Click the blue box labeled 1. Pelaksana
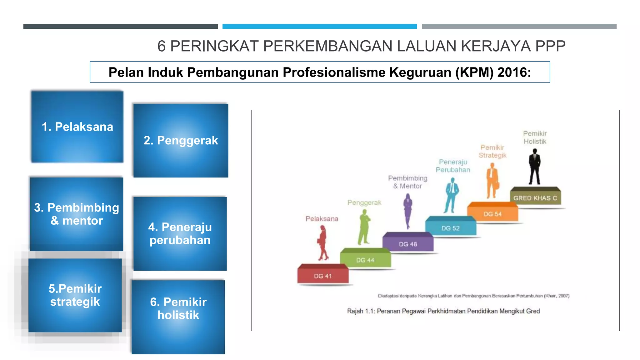click(77, 127)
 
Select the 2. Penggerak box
click(181, 140)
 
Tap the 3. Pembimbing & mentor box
click(77, 214)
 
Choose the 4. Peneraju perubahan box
click(180, 233)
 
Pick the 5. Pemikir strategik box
click(75, 295)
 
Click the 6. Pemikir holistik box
click(178, 317)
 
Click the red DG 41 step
click(323, 276)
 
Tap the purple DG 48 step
click(408, 244)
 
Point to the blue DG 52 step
click(450, 228)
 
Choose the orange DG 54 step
click(492, 214)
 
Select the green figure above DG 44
click(364, 227)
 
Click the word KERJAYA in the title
click(496, 46)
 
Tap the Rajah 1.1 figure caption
click(443, 311)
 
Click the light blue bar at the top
click(319, 27)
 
